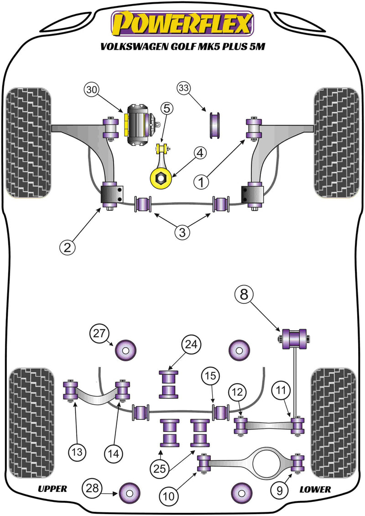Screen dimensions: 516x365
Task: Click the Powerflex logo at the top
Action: (182, 24)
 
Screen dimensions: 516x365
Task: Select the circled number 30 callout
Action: (91, 90)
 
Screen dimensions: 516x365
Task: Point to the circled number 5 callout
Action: (167, 108)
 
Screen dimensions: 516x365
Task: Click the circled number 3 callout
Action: (182, 232)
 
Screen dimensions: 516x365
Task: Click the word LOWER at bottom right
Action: (315, 489)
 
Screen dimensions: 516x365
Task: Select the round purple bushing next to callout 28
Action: (128, 492)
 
